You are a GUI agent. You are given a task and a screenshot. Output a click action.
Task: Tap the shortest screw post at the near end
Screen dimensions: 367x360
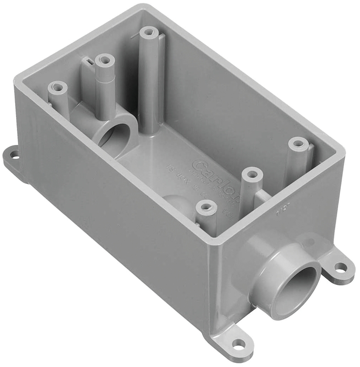click(206, 209)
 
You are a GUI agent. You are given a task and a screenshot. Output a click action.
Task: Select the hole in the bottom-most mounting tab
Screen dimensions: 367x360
click(238, 343)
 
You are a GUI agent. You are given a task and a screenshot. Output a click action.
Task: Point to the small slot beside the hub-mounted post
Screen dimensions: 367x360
click(87, 61)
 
